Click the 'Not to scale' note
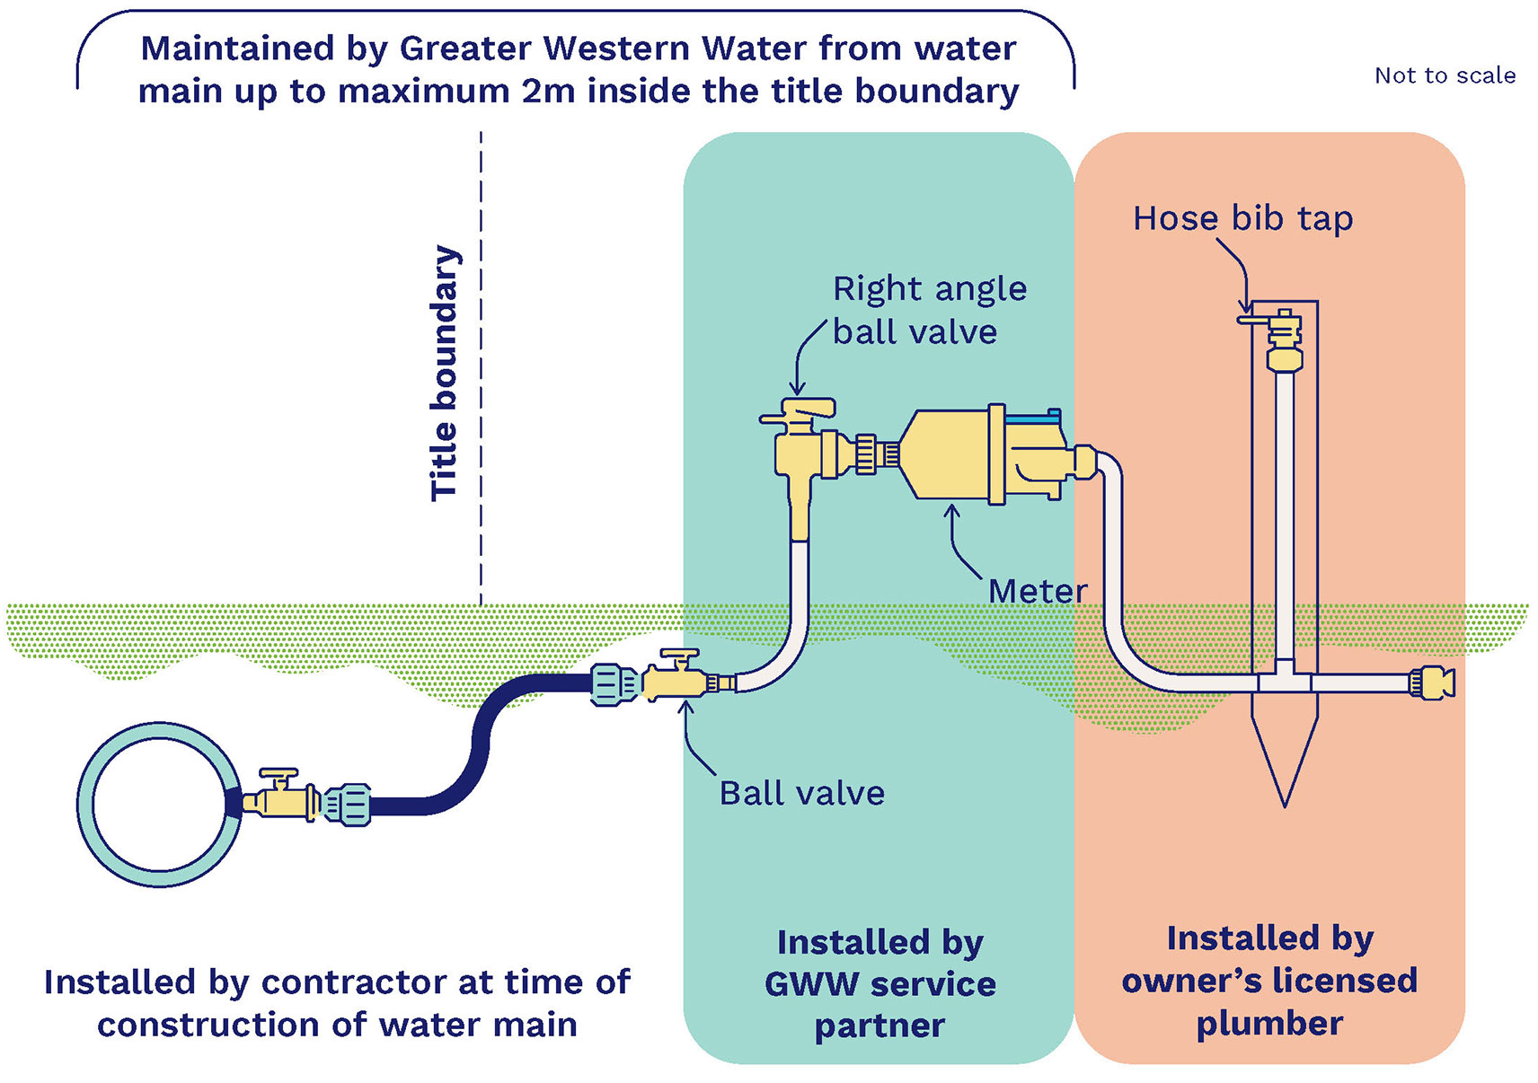click(1444, 75)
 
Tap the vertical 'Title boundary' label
click(444, 373)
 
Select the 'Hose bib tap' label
click(1242, 218)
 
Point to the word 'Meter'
click(1037, 591)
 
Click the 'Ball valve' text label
click(801, 793)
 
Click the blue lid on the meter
click(1033, 417)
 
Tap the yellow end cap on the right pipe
click(1433, 683)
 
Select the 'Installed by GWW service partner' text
click(879, 983)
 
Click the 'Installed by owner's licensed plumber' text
click(1268, 980)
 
